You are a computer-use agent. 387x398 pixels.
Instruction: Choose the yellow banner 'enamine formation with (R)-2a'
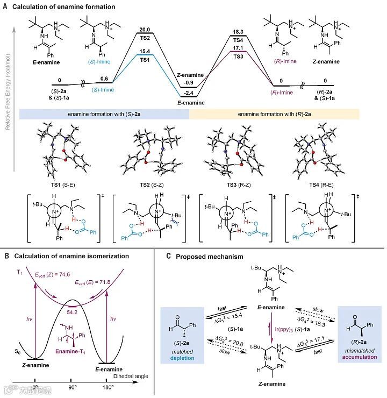tap(274, 114)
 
